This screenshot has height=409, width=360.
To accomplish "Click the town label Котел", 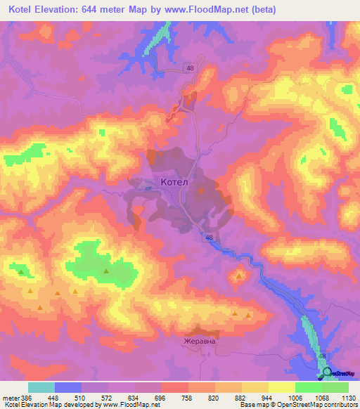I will tap(174, 182).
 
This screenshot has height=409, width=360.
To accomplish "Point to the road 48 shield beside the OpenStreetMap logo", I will tap(323, 357).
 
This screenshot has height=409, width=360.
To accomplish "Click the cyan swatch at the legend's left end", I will tap(41, 387).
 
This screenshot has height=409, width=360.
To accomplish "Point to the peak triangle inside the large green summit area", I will tap(106, 271).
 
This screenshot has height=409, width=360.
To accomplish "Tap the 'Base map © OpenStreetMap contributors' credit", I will tap(297, 405).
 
